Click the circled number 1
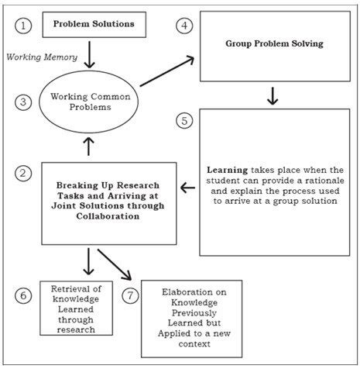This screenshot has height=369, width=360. tap(23, 25)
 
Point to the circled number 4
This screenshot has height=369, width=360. tap(184, 25)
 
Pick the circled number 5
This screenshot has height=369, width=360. tap(184, 122)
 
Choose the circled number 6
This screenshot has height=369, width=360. tap(23, 296)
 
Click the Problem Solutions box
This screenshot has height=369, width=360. tap(94, 24)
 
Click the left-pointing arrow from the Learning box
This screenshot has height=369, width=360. tap(188, 187)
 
